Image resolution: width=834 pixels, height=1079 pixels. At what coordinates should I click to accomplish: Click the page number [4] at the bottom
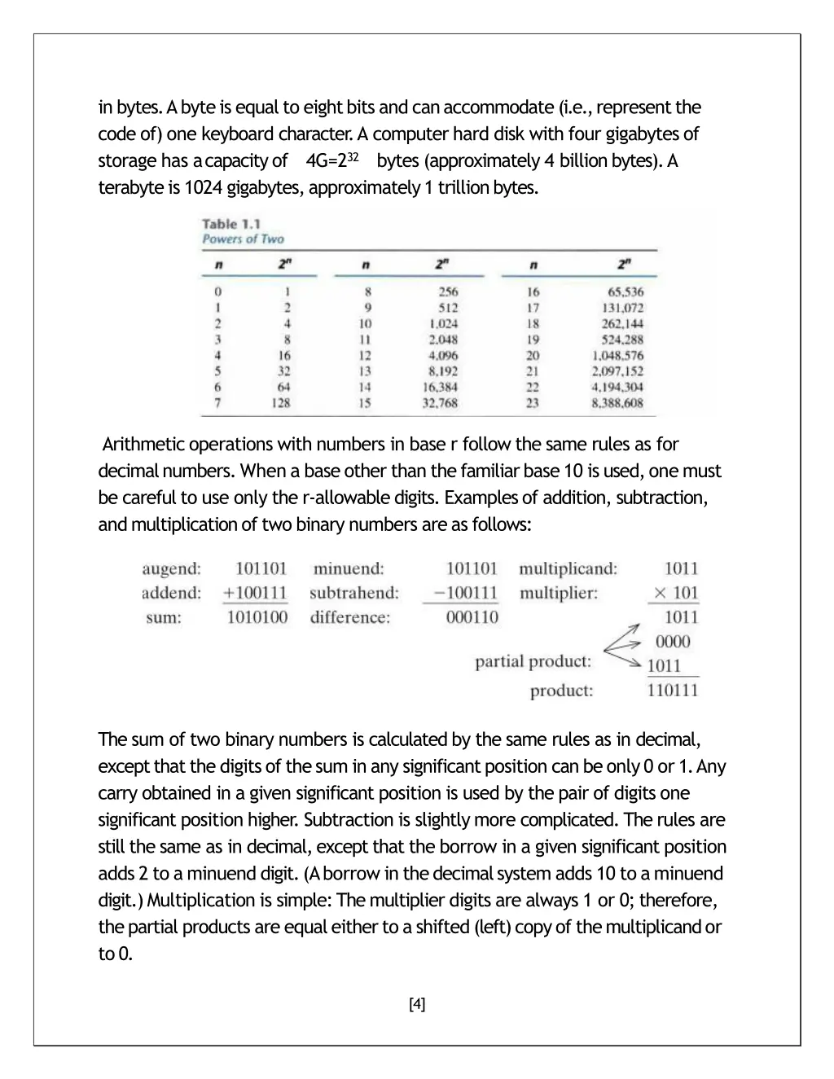(417, 1004)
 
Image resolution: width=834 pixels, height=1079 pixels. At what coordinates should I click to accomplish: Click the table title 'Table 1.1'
(231, 224)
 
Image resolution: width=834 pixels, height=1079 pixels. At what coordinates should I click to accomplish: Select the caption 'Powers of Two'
(243, 239)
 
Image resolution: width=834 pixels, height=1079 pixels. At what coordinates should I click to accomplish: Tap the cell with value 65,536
(625, 292)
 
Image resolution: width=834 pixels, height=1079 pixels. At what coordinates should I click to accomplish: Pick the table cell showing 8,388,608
(617, 402)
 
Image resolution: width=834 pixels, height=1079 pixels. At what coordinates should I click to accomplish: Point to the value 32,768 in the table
(440, 402)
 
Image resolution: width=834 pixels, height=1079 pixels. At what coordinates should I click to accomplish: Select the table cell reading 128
(281, 402)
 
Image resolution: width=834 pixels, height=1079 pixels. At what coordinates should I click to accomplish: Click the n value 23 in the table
(533, 402)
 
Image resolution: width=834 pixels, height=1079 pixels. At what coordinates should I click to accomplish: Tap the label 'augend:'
(171, 568)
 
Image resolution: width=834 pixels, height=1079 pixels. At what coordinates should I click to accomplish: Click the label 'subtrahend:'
(354, 593)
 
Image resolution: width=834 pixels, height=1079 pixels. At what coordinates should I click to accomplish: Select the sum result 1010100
(257, 617)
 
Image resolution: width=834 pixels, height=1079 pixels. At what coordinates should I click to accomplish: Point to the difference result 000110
(472, 617)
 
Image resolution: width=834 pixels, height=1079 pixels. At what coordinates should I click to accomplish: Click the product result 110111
(673, 691)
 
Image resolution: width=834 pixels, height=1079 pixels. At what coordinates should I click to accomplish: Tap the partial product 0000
(673, 642)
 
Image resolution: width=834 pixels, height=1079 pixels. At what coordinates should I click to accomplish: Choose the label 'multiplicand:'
(568, 568)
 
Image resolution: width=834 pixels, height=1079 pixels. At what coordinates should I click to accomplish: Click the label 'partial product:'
(533, 661)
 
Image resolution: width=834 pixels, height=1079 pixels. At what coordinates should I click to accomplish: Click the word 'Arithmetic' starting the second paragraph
(145, 445)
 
